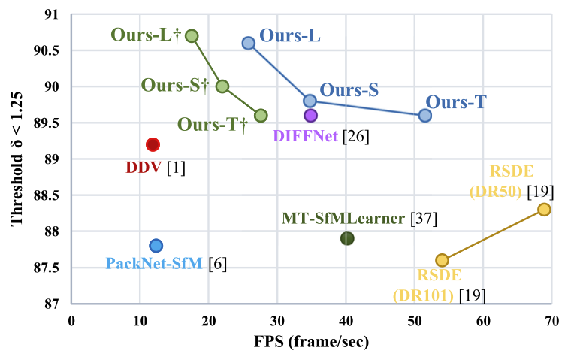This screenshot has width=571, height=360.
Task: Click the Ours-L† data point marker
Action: click(x=192, y=36)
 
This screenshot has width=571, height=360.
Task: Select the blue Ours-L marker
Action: click(x=248, y=43)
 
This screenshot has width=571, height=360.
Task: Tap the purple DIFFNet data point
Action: click(x=310, y=115)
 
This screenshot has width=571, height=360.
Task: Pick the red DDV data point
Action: click(x=153, y=144)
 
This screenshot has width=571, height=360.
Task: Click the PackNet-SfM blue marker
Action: click(x=156, y=245)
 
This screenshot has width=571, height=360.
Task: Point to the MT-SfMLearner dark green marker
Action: click(x=347, y=238)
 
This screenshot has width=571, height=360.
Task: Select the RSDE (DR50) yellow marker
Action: click(x=544, y=209)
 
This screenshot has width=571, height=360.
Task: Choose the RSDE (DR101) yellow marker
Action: click(x=442, y=260)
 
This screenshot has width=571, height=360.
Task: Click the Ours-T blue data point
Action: click(x=424, y=115)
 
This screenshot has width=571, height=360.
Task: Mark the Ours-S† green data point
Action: click(x=222, y=86)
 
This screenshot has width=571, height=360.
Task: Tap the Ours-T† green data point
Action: click(x=261, y=115)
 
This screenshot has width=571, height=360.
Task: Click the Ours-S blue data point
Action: click(x=310, y=101)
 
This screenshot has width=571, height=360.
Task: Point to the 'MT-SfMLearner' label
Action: click(x=344, y=219)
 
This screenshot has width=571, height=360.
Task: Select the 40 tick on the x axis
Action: click(x=346, y=322)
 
